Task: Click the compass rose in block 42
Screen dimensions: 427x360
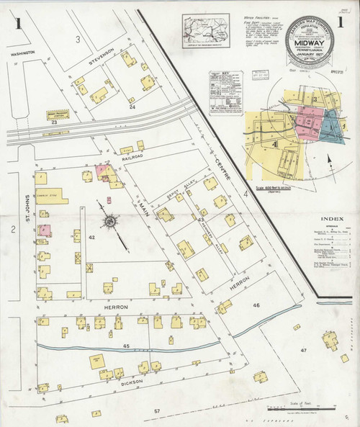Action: click(109, 222)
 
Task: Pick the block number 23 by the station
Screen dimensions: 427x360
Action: click(55, 124)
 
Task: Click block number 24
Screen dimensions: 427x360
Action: click(132, 107)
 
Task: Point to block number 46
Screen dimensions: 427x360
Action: click(256, 305)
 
